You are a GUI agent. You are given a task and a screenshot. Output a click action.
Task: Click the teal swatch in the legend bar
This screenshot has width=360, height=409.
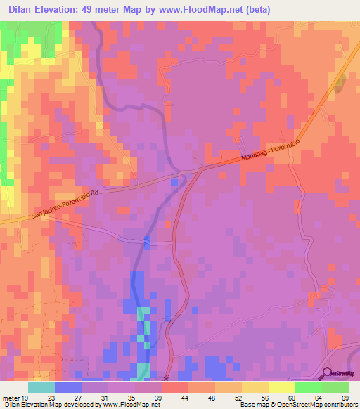coord(41,387)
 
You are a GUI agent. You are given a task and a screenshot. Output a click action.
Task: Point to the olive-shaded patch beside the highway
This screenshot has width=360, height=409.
coord(340,84)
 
